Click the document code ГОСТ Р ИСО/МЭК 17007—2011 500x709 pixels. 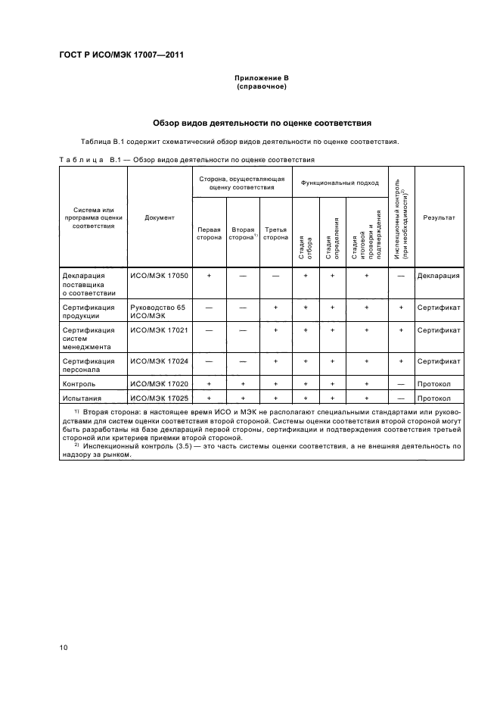point(121,55)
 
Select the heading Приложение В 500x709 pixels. point(262,78)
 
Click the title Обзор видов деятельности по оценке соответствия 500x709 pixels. point(262,123)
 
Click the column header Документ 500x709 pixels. point(160,217)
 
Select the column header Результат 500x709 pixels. point(439,217)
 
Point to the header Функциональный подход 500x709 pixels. point(340,183)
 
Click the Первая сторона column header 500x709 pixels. point(209,233)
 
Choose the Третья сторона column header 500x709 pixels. point(275,233)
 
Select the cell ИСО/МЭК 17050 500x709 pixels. point(160,276)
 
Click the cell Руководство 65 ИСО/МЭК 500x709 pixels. point(158,312)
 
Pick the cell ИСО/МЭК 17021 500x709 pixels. point(160,330)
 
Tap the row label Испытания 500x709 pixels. point(80,398)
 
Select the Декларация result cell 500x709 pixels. point(439,276)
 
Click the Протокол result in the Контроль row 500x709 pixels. point(434,384)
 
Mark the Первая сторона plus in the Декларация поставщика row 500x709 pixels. point(209,276)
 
